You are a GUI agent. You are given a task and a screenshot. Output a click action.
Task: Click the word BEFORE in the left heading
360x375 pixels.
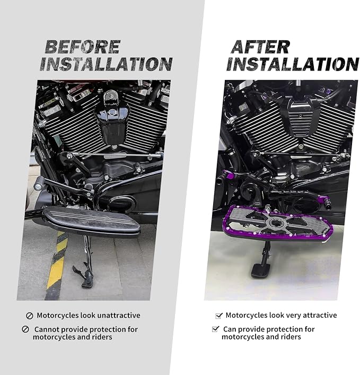click(x=83, y=47)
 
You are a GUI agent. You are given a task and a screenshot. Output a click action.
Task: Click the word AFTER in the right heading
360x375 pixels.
click(x=260, y=47)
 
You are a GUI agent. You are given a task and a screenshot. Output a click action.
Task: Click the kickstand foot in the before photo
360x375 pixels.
click(x=87, y=282)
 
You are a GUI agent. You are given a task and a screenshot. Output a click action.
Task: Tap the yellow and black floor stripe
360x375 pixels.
click(x=56, y=265)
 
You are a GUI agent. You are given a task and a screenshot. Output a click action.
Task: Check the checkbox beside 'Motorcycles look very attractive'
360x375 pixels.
click(x=219, y=316)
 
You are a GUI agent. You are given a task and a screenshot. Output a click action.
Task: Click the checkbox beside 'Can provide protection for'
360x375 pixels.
click(x=215, y=329)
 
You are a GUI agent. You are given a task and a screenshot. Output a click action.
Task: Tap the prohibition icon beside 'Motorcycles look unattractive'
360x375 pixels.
click(x=29, y=316)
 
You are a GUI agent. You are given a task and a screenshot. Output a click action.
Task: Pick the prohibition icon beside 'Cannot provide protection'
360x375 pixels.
click(x=25, y=329)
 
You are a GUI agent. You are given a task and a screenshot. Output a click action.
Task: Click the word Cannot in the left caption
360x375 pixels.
click(x=46, y=329)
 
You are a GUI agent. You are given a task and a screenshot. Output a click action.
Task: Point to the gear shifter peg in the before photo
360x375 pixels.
click(x=38, y=186)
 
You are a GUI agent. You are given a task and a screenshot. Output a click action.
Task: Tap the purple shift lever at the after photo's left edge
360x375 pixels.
click(x=227, y=175)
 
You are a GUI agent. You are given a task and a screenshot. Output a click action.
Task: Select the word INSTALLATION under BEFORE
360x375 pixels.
click(x=106, y=64)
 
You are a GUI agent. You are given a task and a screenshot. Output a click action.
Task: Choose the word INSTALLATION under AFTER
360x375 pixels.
click(x=292, y=64)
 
